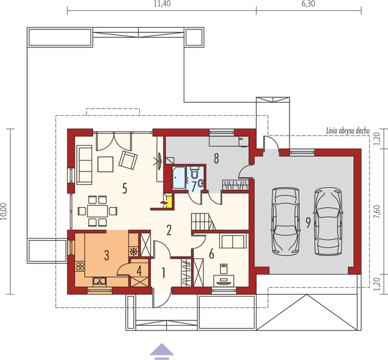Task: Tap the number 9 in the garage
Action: [x=307, y=223]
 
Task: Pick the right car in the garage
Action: [x=328, y=220]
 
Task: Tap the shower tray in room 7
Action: [x=179, y=178]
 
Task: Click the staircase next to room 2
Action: [x=203, y=221]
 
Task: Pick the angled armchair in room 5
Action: [x=128, y=160]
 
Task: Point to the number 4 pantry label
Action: [x=139, y=271]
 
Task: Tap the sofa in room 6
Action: [x=232, y=241]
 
